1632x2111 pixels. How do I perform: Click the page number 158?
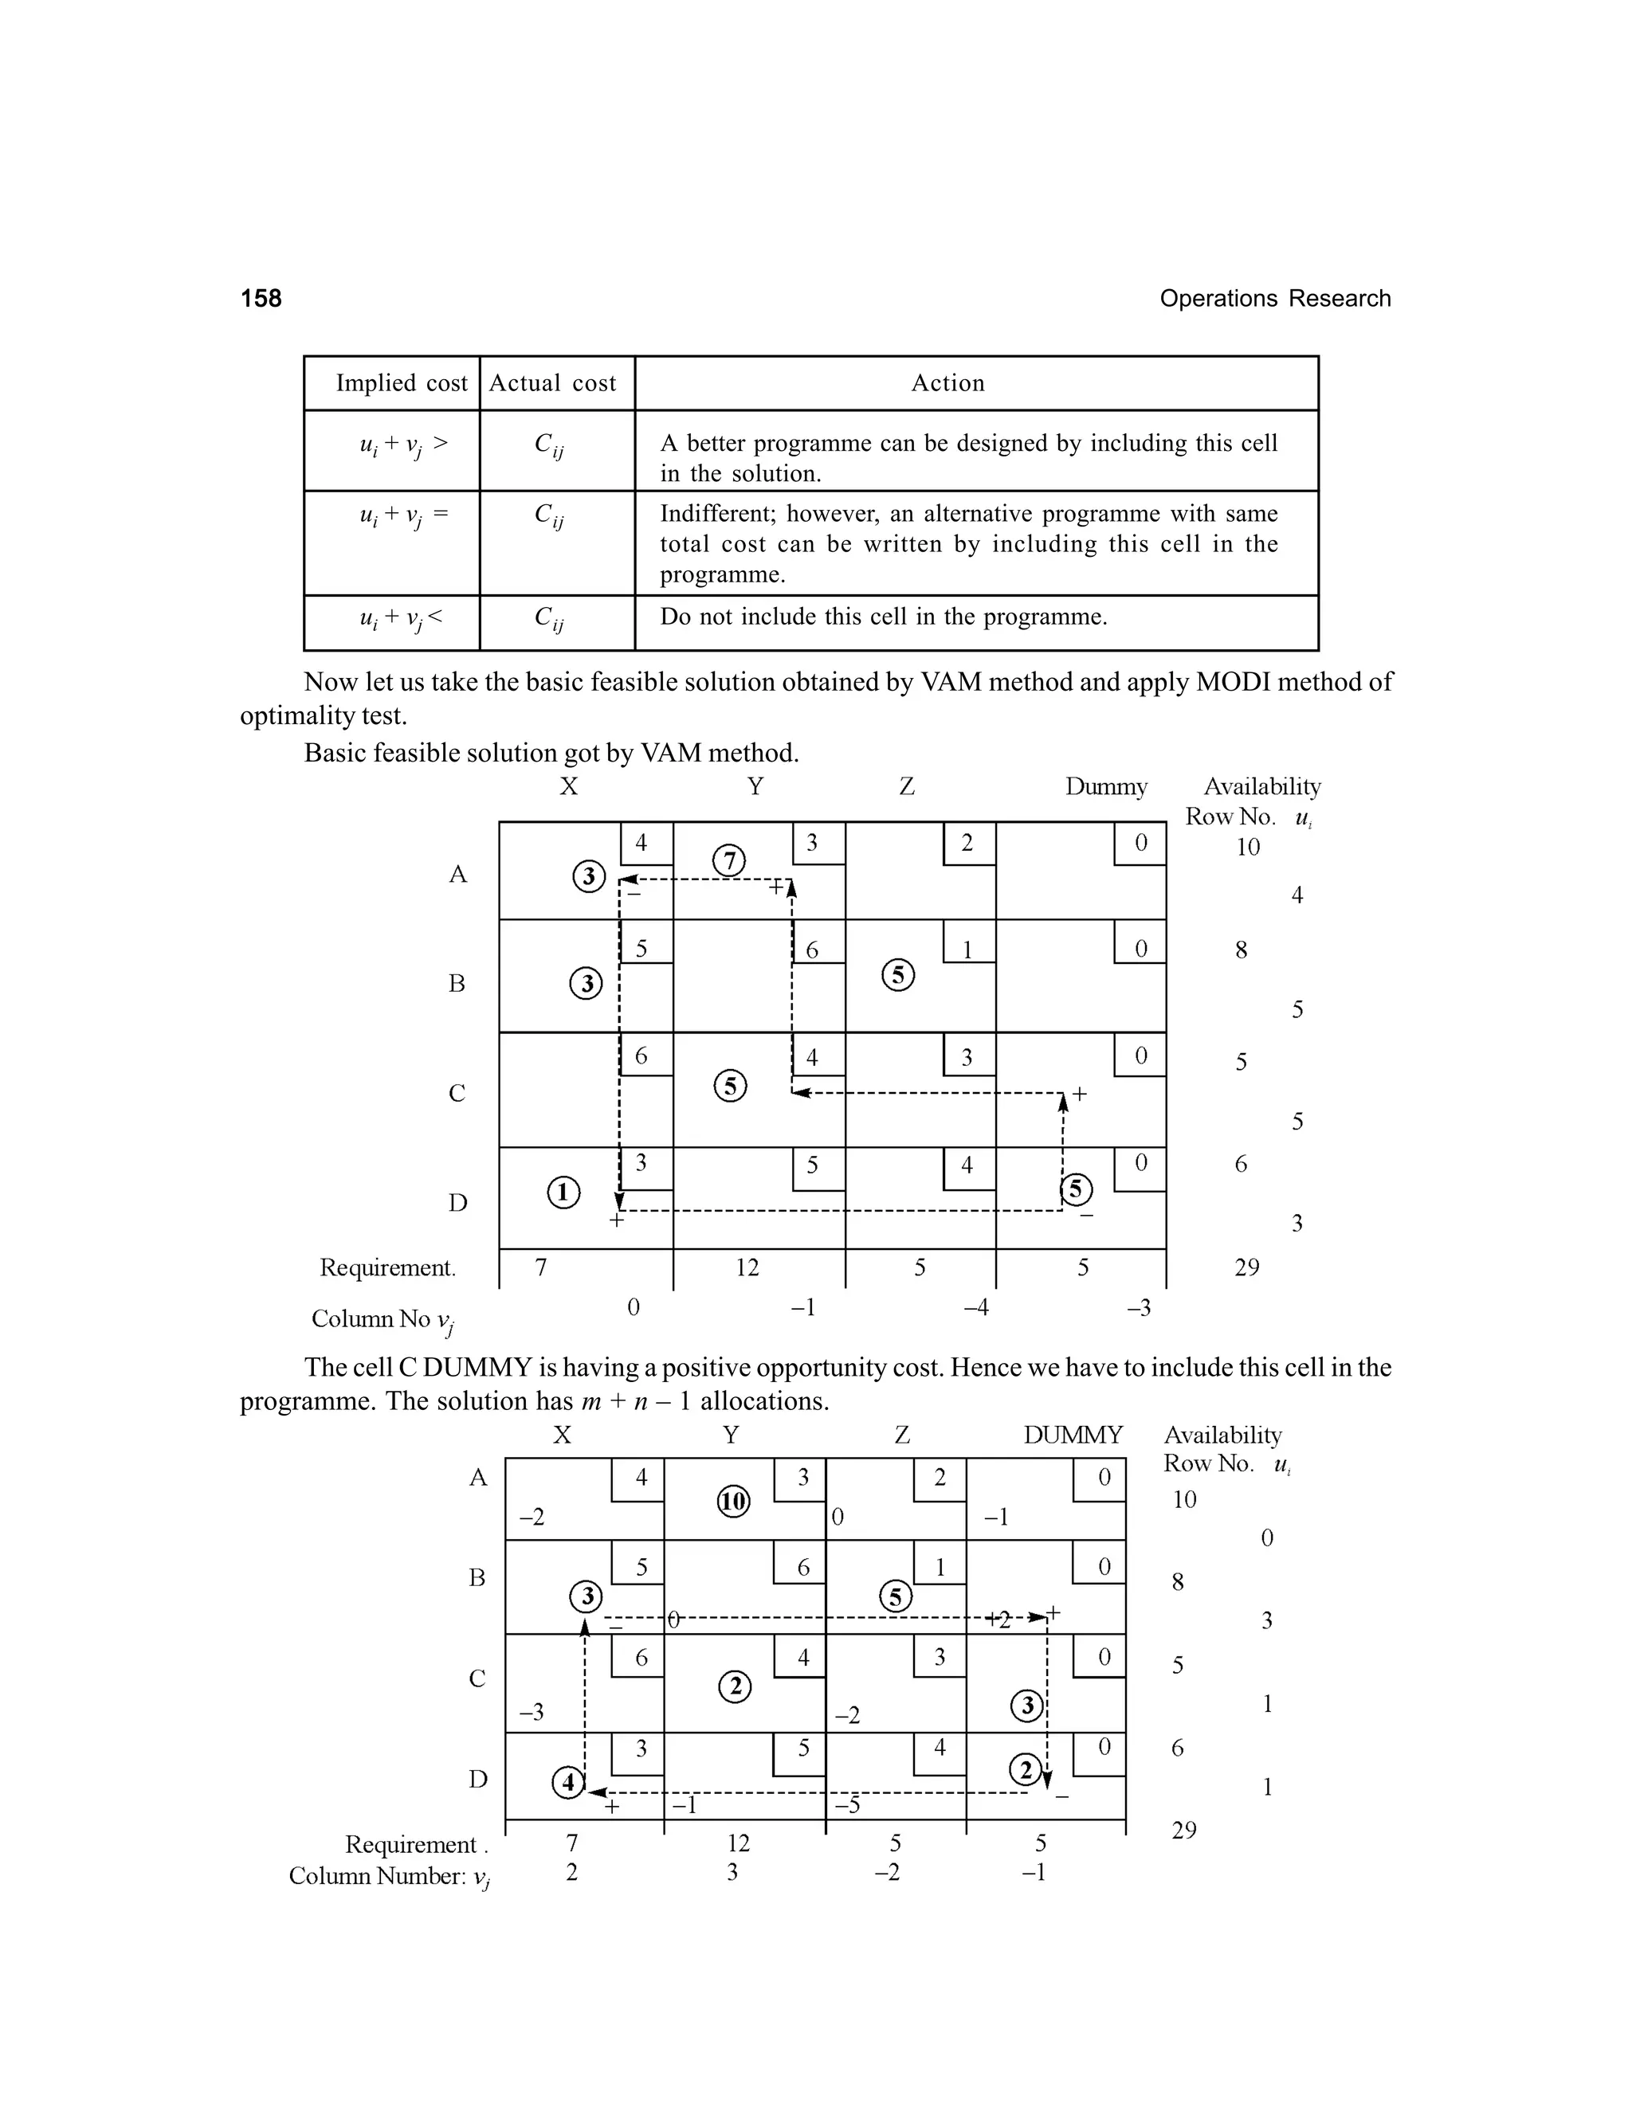tap(261, 299)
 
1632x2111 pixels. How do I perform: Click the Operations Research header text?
tap(1274, 299)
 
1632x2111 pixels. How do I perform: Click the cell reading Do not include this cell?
tap(883, 617)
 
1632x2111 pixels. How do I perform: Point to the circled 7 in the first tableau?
tap(729, 860)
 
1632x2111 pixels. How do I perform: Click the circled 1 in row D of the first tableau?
tap(563, 1192)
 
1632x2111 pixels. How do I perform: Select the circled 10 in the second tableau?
tap(734, 1501)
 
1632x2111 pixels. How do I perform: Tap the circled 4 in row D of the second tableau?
tap(567, 1781)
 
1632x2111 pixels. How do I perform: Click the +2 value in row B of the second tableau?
tap(998, 1621)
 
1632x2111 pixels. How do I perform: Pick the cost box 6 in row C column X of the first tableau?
tap(641, 1056)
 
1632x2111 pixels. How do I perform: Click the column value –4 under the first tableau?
tap(975, 1308)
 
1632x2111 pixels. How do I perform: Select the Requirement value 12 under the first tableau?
tap(747, 1267)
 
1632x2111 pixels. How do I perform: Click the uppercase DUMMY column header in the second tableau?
tap(1073, 1435)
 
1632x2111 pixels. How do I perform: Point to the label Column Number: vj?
tap(390, 1876)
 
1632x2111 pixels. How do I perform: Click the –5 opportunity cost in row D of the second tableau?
tap(847, 1806)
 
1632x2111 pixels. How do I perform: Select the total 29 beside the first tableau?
tap(1246, 1267)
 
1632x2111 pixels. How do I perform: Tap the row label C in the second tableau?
tap(477, 1679)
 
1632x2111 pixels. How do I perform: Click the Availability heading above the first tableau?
tap(1261, 787)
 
